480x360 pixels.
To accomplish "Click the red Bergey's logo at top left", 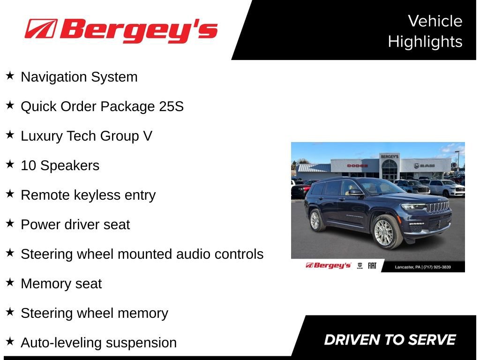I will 121,30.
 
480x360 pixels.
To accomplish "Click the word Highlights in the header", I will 425,42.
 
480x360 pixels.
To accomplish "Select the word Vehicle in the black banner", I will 435,21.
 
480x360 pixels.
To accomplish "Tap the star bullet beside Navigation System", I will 10,76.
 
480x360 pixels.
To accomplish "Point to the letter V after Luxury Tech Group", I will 147,136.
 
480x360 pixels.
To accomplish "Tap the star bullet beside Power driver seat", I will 10,224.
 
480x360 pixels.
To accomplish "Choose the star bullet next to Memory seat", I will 10,283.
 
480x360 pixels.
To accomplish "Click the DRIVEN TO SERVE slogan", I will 390,340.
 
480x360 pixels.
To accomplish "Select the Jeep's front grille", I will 438,206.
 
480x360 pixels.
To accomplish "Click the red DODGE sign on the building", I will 357,165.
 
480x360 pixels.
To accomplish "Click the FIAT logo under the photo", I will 372,266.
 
